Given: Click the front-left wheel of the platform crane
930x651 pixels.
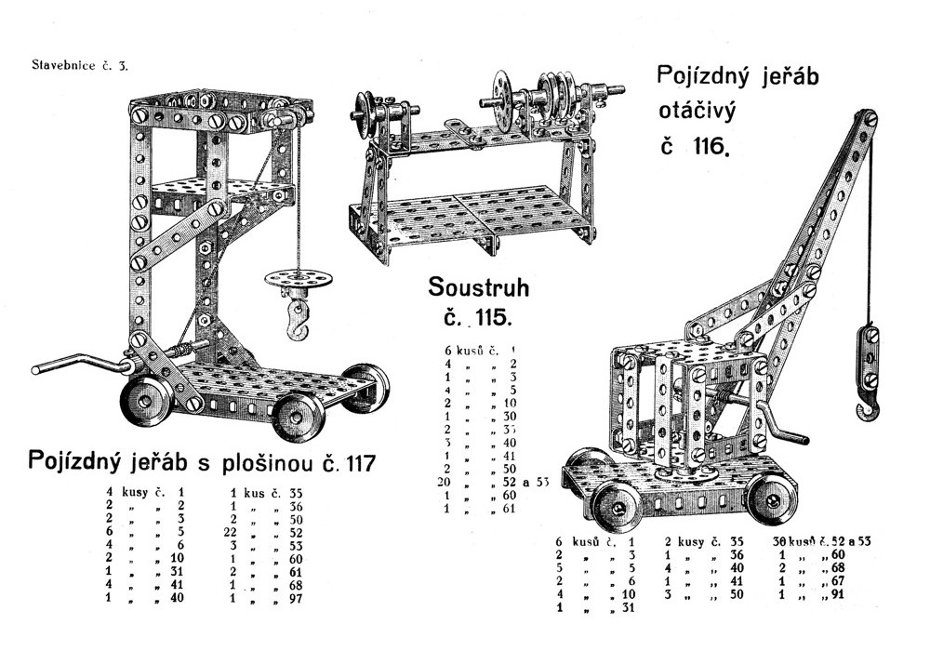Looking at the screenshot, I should click(147, 400).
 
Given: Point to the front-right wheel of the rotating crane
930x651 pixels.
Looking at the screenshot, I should click(771, 500).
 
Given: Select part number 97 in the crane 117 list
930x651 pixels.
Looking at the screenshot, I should click(296, 599).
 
